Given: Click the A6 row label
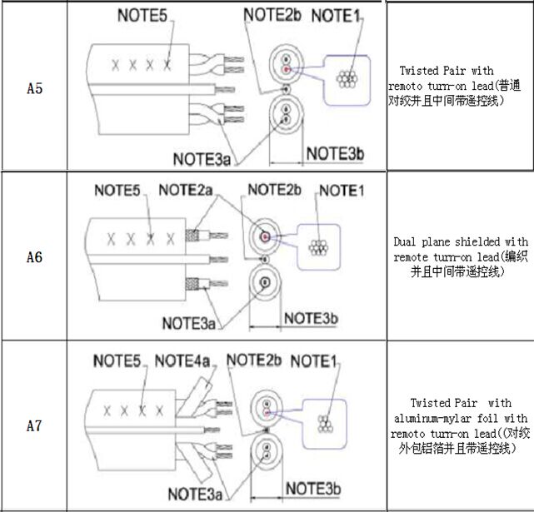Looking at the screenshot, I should pyautogui.click(x=34, y=256).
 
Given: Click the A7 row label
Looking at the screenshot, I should pyautogui.click(x=34, y=426).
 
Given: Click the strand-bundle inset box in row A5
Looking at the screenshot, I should pyautogui.click(x=344, y=79).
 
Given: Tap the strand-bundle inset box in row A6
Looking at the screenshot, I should pyautogui.click(x=317, y=246).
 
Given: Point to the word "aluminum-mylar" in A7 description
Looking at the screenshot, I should pyautogui.click(x=431, y=417).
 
